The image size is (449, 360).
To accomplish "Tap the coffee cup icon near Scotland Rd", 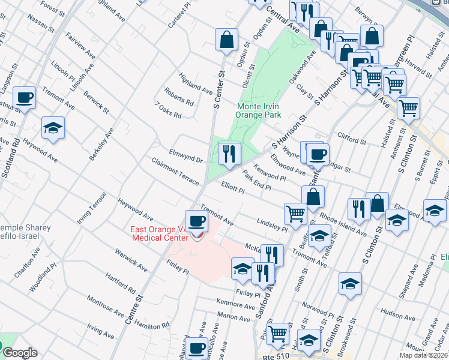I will [25, 97].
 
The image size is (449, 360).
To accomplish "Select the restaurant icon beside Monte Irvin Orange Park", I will [229, 154].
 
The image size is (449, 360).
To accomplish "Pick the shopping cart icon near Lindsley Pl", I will [295, 213].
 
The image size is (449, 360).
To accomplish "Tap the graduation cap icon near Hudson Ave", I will [350, 284].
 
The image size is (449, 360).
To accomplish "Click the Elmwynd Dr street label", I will [186, 155].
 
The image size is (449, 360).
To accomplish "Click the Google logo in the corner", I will [20, 353].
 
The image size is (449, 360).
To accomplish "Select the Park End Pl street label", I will [257, 180].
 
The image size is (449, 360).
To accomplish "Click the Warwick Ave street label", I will [131, 258].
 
